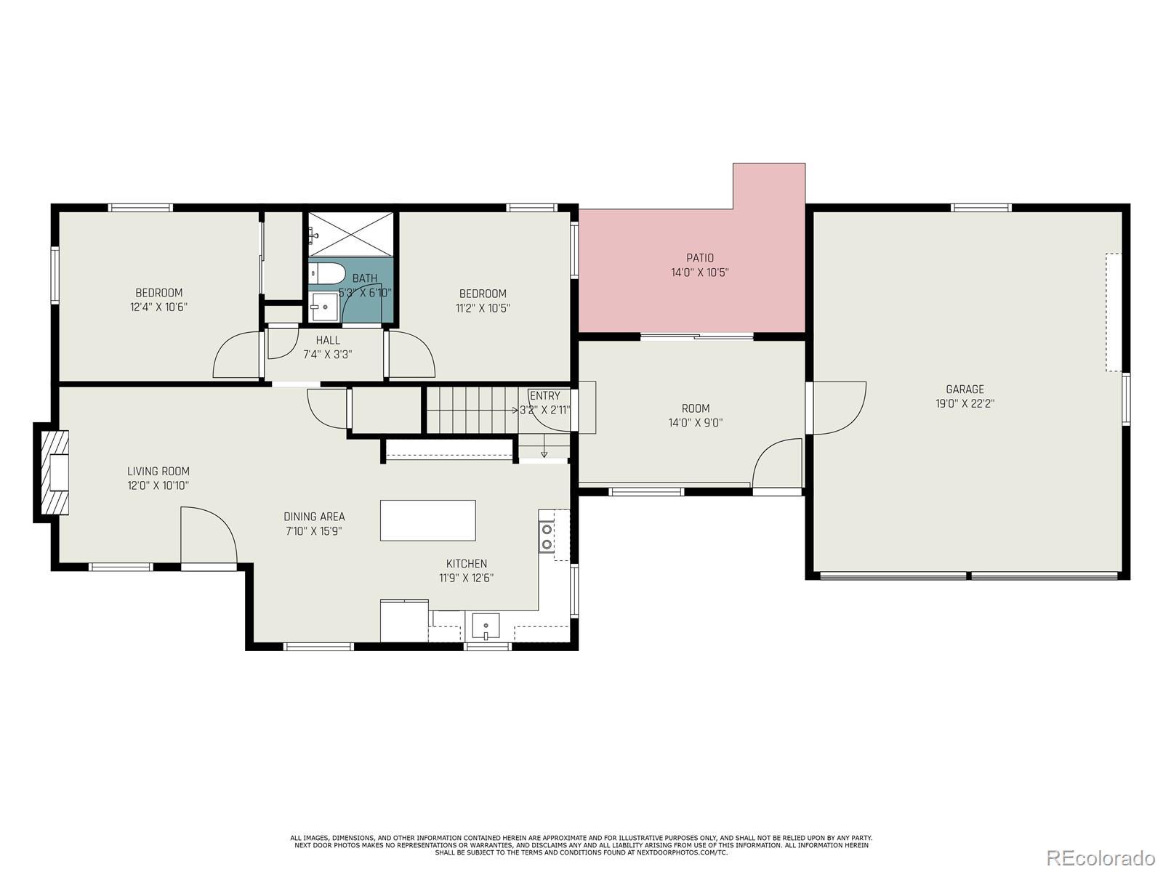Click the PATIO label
[699, 258]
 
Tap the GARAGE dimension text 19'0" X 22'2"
[965, 403]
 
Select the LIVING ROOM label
[158, 471]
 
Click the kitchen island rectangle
[427, 520]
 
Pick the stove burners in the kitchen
[547, 536]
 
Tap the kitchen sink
[486, 627]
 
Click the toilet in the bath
[326, 274]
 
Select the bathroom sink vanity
[323, 307]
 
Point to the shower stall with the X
[351, 235]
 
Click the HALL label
[328, 340]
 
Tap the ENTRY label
[544, 395]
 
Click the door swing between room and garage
[840, 408]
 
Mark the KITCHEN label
[466, 564]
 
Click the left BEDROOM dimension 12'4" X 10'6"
[158, 307]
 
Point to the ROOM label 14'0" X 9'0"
[695, 416]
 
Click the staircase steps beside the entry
[472, 410]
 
